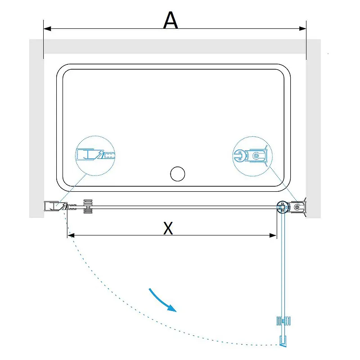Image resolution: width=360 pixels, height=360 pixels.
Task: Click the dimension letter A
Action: click(171, 20)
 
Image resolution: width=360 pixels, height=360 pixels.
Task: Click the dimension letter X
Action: click(168, 228)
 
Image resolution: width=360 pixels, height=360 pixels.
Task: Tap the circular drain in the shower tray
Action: click(177, 174)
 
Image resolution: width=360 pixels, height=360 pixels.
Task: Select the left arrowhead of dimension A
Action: click(47, 29)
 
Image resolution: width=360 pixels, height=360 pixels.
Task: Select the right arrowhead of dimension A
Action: click(302, 29)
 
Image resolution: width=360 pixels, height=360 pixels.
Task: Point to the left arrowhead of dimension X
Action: click(71, 235)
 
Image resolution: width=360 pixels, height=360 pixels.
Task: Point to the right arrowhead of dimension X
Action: click(273, 235)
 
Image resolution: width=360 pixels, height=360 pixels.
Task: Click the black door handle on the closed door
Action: click(88, 207)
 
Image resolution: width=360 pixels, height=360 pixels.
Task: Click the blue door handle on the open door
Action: click(284, 321)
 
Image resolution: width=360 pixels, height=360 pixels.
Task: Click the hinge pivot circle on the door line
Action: click(282, 207)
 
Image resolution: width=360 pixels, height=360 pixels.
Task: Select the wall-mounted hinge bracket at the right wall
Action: click(298, 207)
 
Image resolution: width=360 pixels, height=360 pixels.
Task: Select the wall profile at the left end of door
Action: click(52, 206)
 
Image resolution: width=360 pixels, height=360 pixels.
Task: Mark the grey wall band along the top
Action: click(175, 46)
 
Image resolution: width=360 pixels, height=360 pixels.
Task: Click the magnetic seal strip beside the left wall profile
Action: click(72, 207)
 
